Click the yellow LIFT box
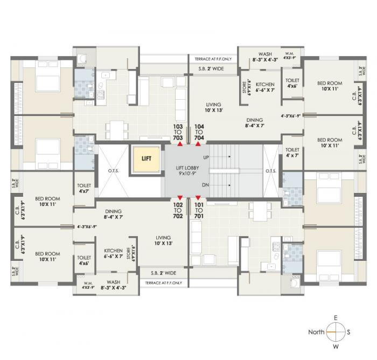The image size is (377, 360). click(146, 159)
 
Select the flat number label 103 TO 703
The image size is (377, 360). click(178, 132)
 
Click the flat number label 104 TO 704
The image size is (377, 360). click(199, 132)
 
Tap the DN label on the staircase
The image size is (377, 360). click(205, 185)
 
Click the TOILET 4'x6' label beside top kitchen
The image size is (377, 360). click(293, 82)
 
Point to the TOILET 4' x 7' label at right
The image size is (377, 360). click(292, 153)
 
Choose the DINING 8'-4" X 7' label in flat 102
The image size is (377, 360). click(114, 214)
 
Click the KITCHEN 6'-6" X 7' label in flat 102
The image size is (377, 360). click(113, 254)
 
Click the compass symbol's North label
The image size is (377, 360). click(316, 332)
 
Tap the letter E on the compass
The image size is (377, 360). click(335, 318)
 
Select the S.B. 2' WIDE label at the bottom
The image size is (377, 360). click(164, 273)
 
